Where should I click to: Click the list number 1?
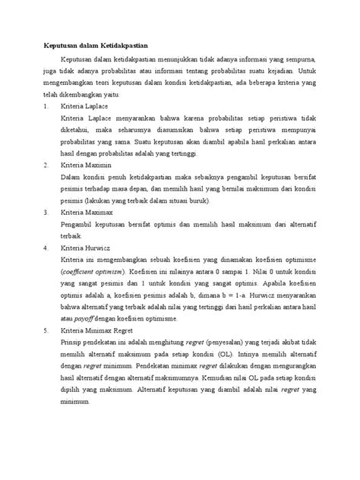[x=45, y=107]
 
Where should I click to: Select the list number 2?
[x=45, y=163]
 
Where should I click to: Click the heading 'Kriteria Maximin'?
[x=86, y=163]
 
